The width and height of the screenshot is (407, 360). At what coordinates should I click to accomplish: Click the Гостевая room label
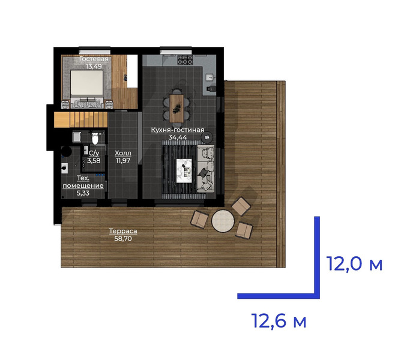(x=94, y=59)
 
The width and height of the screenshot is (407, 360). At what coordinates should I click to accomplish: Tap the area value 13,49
(x=94, y=67)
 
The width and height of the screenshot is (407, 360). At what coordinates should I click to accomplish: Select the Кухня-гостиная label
(x=178, y=130)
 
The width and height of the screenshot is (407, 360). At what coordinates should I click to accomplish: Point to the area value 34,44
(x=178, y=137)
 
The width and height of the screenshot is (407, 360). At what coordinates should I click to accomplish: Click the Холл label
(x=123, y=153)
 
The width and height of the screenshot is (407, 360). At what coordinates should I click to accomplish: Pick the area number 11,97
(x=123, y=161)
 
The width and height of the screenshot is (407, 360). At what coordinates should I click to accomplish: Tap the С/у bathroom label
(x=94, y=153)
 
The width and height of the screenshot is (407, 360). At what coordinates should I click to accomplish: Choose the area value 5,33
(x=83, y=193)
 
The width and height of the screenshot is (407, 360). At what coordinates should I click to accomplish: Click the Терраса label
(x=123, y=231)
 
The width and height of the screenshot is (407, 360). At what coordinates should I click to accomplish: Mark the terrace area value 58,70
(x=123, y=238)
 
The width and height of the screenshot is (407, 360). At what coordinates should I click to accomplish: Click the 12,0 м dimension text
(x=354, y=264)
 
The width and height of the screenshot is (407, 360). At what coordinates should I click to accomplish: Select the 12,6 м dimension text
(x=279, y=321)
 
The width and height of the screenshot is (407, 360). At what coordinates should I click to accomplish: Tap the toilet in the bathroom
(x=95, y=138)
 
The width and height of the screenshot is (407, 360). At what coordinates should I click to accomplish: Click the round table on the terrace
(x=223, y=221)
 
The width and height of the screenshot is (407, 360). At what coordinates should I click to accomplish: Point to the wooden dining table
(x=176, y=109)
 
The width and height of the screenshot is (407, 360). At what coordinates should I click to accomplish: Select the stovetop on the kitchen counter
(x=185, y=59)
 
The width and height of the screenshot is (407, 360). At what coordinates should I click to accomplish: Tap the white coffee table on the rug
(x=184, y=170)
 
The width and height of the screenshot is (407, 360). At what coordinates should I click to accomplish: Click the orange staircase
(x=80, y=119)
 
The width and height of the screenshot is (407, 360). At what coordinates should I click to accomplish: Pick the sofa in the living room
(x=205, y=169)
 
